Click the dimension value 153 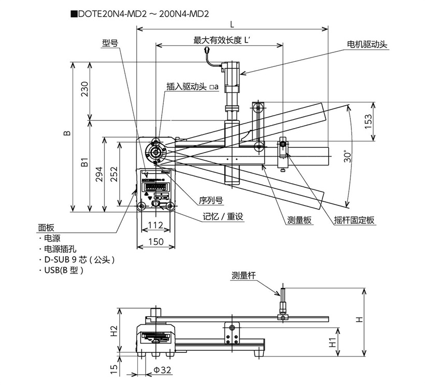pos(368,121)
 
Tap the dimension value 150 pos(156,241)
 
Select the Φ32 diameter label pos(162,369)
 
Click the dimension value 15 pos(115,369)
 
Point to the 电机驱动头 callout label pos(367,45)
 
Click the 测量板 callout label pos(300,220)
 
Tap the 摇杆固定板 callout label pos(354,220)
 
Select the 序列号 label pos(211,199)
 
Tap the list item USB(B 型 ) pos(63,270)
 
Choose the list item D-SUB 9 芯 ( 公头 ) pos(79,259)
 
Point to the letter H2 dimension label pos(115,332)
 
